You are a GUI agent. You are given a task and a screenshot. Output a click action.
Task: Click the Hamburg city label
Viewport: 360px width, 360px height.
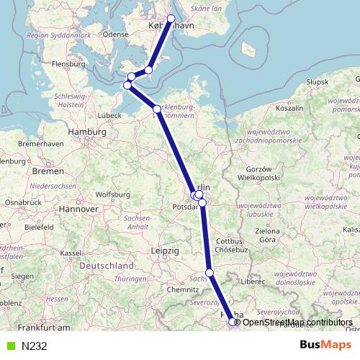click(87, 132)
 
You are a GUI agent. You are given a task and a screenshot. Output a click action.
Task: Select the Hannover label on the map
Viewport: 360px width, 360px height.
click(79, 208)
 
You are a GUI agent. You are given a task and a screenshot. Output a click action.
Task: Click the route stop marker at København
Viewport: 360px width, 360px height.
click(171, 19)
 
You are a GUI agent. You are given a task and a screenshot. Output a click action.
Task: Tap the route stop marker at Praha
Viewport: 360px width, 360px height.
click(233, 323)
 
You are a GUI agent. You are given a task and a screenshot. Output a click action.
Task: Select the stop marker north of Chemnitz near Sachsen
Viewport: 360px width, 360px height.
click(210, 272)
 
